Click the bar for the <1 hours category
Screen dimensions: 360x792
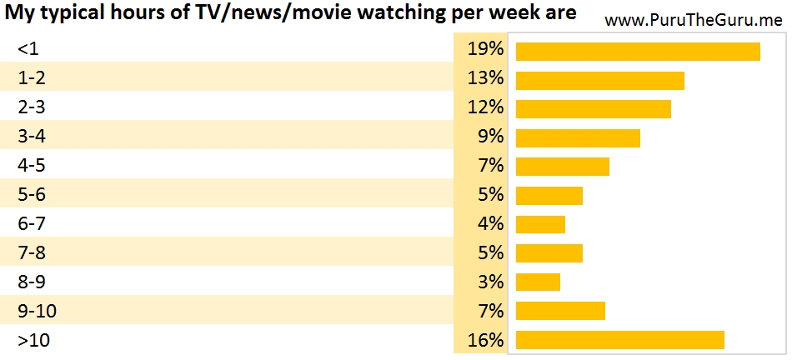tap(638, 52)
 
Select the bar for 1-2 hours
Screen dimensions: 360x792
tap(600, 81)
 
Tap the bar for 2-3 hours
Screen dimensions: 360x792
tap(594, 109)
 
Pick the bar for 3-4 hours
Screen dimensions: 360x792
tap(578, 138)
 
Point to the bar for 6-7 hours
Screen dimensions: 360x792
tap(540, 225)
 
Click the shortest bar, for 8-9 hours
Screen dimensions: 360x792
tap(538, 282)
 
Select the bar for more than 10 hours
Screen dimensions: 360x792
tap(620, 340)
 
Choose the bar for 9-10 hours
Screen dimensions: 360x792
tap(560, 312)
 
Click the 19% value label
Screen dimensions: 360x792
tap(485, 50)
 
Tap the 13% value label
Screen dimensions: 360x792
tap(485, 79)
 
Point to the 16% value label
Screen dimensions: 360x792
tap(485, 340)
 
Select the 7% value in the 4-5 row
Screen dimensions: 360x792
tap(490, 166)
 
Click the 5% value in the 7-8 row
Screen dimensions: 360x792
tap(490, 252)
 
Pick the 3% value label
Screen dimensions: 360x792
tap(490, 282)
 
